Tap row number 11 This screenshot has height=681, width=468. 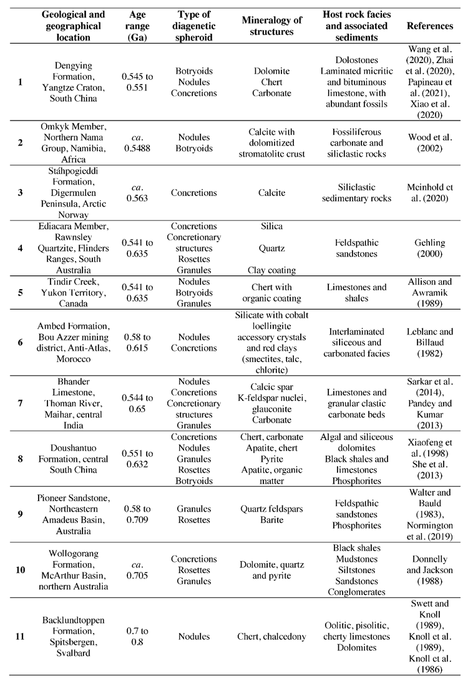point(20,636)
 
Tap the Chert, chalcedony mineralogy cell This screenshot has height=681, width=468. point(267,636)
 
